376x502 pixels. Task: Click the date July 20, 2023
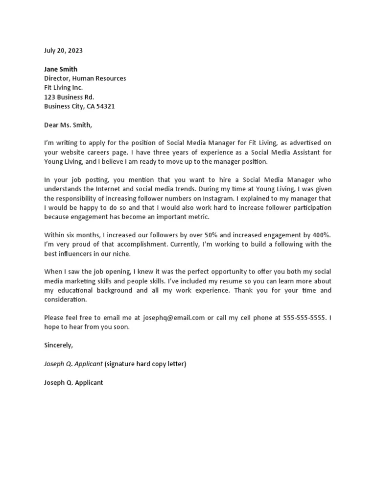point(64,50)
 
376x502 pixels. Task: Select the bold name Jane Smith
point(61,69)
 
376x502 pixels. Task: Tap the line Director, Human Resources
point(85,78)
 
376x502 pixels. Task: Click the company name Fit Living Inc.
point(64,88)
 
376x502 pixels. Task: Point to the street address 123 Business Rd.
point(69,97)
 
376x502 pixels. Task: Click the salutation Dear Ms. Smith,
point(68,125)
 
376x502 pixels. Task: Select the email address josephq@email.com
point(174,318)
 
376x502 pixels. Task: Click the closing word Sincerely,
point(58,345)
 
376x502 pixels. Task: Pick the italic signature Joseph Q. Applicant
point(73,364)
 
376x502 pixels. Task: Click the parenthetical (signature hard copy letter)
point(145,364)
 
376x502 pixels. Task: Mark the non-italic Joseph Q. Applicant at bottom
point(73,382)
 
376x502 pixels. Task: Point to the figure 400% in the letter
point(321,235)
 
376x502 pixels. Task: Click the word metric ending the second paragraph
point(198,217)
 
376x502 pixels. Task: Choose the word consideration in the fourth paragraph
point(65,300)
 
